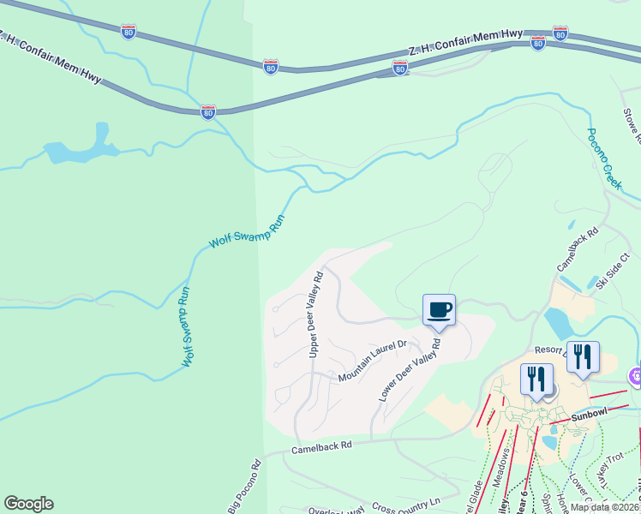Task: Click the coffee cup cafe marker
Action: coord(439,310)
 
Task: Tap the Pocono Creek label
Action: coord(603,158)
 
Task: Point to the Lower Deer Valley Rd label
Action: coord(410,371)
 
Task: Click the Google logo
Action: coord(28,504)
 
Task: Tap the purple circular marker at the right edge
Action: coord(636,375)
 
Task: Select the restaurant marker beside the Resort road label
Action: coord(583,356)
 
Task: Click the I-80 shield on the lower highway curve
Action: coord(207,111)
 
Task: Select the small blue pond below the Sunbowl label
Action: coord(548,442)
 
